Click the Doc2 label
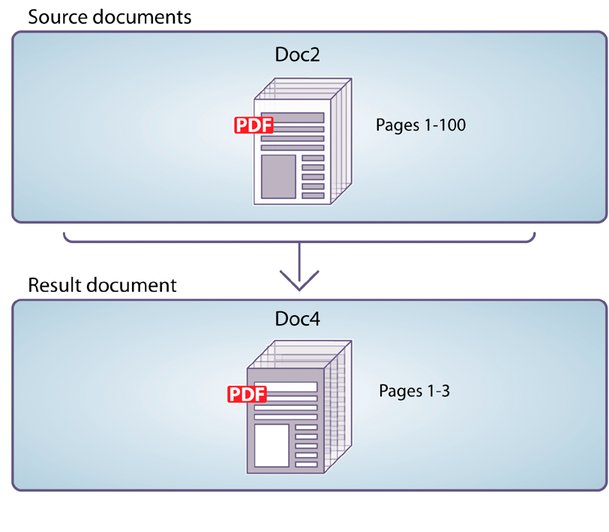pos(298,56)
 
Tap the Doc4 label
pos(298,319)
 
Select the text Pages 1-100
pos(421,125)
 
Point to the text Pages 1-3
pos(414,391)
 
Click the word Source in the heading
pos(55,16)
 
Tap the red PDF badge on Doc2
pos(253,125)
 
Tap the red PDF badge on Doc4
pos(247,394)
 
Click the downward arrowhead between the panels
pos(299,281)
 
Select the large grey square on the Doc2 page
pos(278,176)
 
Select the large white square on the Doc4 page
pos(271,445)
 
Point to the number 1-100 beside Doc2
pos(444,125)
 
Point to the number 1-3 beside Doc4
pos(436,391)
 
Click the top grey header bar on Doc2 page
pos(292,117)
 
